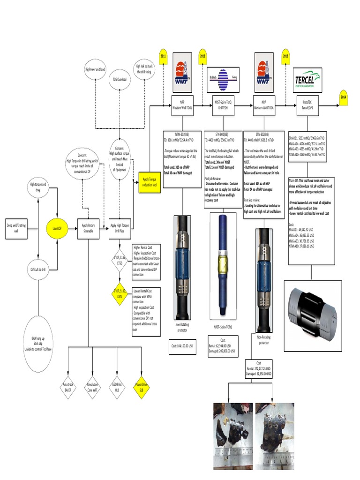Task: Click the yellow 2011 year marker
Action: point(163,56)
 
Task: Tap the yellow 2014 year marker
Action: point(344,97)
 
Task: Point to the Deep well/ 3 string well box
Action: point(16,228)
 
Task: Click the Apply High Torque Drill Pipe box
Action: point(120,228)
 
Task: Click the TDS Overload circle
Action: point(119,80)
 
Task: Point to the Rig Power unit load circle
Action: point(95,69)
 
